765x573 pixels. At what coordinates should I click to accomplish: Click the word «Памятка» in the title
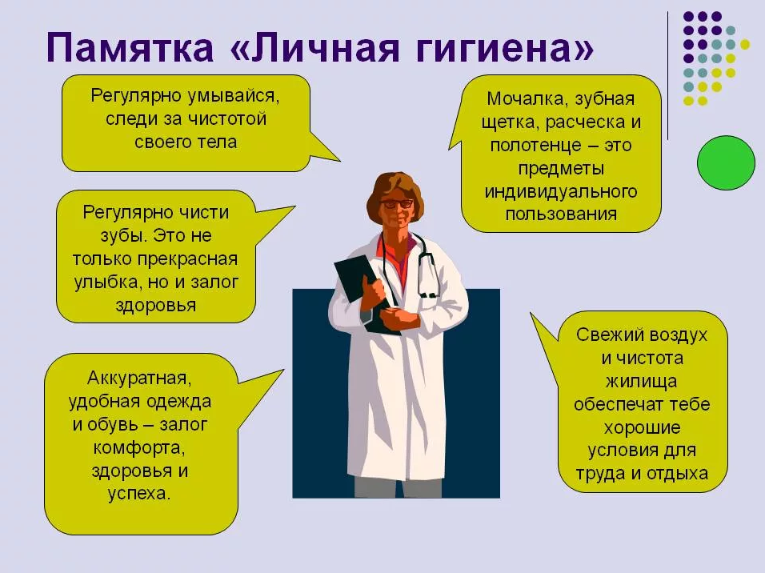(130, 47)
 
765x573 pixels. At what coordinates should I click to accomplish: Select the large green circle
(726, 163)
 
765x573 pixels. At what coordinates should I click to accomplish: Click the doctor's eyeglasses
(396, 203)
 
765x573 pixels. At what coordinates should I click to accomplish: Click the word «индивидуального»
(561, 191)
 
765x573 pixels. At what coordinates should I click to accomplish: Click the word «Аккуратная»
(139, 378)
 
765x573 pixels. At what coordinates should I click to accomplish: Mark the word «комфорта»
(139, 448)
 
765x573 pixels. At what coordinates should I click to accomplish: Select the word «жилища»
(641, 381)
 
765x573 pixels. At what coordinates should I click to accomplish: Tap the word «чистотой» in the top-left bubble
(227, 119)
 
